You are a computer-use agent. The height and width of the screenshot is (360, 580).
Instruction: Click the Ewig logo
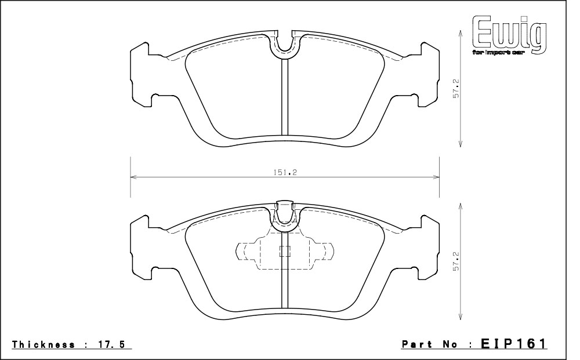[x=509, y=36]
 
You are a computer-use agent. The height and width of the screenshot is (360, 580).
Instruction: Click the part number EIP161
[x=513, y=344]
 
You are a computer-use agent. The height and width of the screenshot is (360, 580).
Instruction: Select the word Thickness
[x=43, y=344]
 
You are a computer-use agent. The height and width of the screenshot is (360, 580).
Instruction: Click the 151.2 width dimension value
[x=285, y=172]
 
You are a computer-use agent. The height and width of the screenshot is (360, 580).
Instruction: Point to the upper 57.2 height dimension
[x=456, y=88]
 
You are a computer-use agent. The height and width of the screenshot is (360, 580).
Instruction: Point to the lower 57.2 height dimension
[x=456, y=261]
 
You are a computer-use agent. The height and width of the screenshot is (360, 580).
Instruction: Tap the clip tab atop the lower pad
[x=285, y=211]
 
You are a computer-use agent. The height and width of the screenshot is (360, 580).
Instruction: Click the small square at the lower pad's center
[x=284, y=252]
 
